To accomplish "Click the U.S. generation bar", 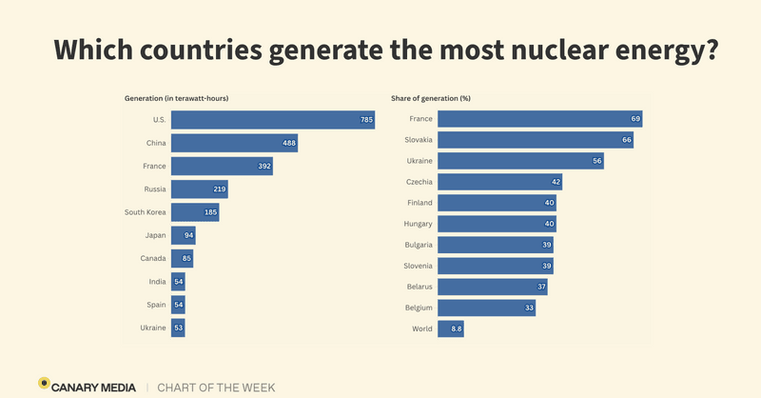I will [x=273, y=120].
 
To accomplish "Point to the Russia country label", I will [x=152, y=189].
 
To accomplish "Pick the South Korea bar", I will [x=195, y=212].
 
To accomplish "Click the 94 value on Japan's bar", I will [x=187, y=235].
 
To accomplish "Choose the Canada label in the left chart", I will [x=152, y=259].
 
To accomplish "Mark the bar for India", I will [x=178, y=282].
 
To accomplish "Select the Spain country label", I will [x=155, y=305].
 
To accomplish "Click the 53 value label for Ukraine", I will [x=179, y=328].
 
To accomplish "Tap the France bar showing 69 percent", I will [x=540, y=119].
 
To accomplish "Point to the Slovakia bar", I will [x=536, y=140].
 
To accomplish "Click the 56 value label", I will [x=596, y=161].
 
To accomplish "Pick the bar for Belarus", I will [x=493, y=287].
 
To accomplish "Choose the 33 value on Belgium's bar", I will [x=529, y=308].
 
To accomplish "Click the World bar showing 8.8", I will [x=451, y=329].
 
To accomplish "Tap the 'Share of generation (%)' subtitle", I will [x=432, y=98].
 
